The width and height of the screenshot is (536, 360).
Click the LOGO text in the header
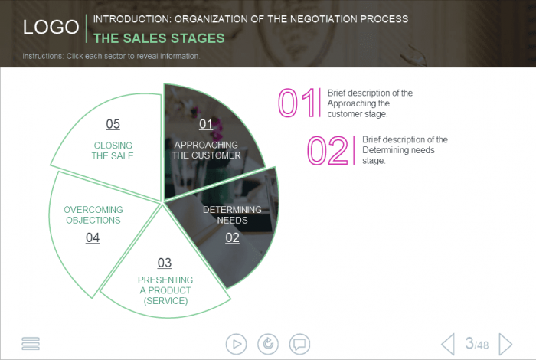pos(51,27)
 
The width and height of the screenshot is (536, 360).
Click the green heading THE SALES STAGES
pos(159,38)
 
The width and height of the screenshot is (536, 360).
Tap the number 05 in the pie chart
pos(113,124)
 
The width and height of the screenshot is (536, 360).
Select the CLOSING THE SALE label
pos(113,150)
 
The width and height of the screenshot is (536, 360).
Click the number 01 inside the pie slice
pos(206,124)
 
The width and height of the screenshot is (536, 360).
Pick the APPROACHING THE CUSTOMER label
pos(206,150)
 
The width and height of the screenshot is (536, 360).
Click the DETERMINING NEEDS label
pos(232,214)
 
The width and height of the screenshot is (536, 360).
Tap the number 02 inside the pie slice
pos(232,237)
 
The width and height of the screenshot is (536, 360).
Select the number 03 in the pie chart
pos(165,263)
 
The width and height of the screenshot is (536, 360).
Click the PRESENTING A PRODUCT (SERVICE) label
pos(165,290)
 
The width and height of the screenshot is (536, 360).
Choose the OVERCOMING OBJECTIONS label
pos(93,214)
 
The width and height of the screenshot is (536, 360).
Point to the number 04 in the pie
pos(93,237)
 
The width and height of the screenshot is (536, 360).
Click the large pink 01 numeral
pos(297,103)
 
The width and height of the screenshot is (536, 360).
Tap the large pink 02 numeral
pos(328,150)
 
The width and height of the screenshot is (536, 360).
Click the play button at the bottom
pos(236,344)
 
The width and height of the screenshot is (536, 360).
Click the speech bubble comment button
pos(300,344)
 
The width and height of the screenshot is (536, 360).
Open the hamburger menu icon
pos(31,344)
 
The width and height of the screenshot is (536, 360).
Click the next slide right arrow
pos(505,344)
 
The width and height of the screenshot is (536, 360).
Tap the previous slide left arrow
pos(448,344)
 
